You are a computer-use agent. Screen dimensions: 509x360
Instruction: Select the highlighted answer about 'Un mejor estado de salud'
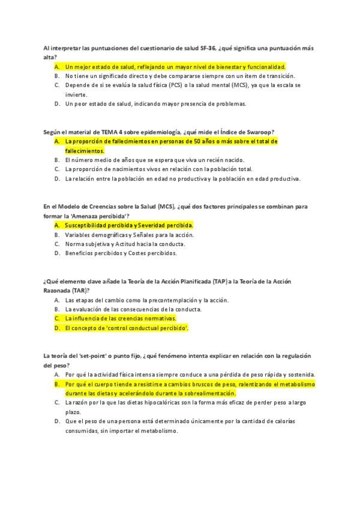(175, 67)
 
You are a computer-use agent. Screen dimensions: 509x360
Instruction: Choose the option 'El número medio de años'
(147, 160)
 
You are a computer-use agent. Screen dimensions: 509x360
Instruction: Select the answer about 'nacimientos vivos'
(158, 169)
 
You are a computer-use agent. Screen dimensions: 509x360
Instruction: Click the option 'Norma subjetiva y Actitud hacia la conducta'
(125, 244)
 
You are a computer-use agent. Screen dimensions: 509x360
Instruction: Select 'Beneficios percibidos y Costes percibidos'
(121, 253)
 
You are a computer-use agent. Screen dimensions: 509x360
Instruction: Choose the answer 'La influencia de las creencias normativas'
(120, 319)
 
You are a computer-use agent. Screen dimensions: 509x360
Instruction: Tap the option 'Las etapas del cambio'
(147, 300)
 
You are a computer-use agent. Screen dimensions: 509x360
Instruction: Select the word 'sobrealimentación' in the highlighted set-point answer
(206, 393)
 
